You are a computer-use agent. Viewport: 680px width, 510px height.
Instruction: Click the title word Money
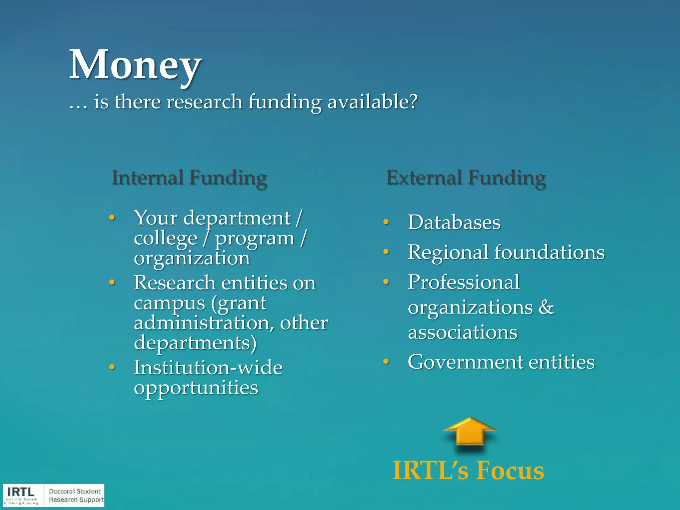135,65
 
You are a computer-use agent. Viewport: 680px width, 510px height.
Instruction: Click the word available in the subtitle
372,102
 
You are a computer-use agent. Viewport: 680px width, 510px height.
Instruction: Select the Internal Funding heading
189,178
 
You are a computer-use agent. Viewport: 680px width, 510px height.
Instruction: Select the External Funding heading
466,178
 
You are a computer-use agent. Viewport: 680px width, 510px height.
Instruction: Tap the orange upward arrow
469,432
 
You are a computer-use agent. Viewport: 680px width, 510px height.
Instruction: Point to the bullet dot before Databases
386,222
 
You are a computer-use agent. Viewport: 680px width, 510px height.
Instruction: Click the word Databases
454,222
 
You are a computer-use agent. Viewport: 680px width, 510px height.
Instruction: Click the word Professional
464,282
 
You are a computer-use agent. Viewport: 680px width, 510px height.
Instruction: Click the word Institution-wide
208,368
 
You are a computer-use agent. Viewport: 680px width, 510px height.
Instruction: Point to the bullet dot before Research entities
112,283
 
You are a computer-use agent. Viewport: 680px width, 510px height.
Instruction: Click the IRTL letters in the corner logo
21,492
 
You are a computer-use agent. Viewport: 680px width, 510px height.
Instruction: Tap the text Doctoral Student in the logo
75,491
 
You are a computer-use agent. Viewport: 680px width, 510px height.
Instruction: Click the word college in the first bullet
166,239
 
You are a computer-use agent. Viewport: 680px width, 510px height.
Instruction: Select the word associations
463,332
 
